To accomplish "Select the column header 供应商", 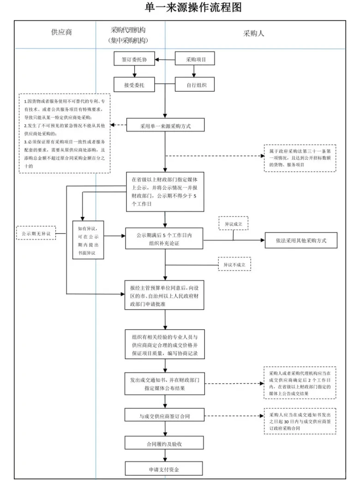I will (x=61, y=33).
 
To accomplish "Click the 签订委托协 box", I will (x=134, y=59).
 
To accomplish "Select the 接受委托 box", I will (x=134, y=85).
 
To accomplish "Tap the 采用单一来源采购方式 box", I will (x=165, y=125).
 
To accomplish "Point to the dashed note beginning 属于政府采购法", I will (x=300, y=158).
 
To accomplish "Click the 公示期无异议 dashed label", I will (x=36, y=234).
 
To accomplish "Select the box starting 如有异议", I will (x=88, y=239).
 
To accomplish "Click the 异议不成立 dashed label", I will (x=234, y=264).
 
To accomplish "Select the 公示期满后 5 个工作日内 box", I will (x=165, y=240).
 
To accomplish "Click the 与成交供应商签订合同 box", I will (x=165, y=416).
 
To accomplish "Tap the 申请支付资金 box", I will (x=165, y=469).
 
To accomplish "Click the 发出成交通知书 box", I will (x=165, y=384).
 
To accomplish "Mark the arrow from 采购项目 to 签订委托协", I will (x=164, y=59).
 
